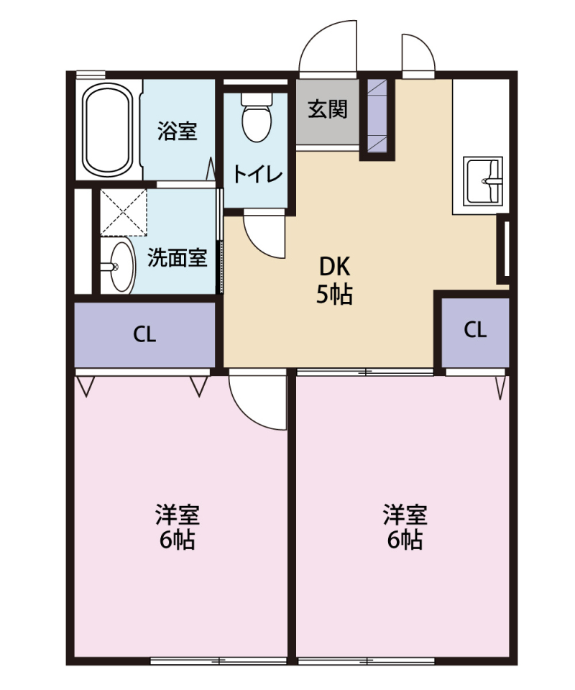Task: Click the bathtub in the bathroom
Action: pos(108,129)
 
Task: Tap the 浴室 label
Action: pos(178,132)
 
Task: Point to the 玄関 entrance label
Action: pos(328,110)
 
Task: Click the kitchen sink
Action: pos(483,180)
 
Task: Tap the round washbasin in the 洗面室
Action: pos(118,267)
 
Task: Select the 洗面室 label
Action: pos(178,258)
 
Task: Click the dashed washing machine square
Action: pos(124,212)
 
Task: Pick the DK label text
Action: pos(334,267)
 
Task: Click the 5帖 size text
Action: pos(334,295)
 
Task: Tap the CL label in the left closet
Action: pos(144,334)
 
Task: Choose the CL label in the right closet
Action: pos(475,330)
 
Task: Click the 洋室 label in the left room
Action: pos(178,515)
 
